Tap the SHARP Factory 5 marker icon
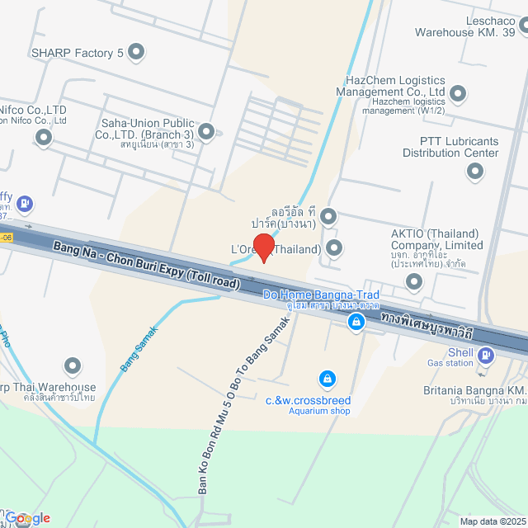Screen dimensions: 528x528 [137, 53]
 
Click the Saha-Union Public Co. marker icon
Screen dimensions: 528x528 [205, 131]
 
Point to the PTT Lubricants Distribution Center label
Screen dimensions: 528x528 [459, 147]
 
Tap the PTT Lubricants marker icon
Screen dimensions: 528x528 [474, 172]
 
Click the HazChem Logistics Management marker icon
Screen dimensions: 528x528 [458, 93]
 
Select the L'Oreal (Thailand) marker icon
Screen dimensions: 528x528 [334, 247]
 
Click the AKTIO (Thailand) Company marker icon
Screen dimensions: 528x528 [414, 282]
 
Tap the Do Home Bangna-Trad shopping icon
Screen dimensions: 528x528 [356, 323]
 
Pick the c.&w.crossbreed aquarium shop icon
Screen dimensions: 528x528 [328, 378]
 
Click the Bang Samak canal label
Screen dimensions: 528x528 [139, 348]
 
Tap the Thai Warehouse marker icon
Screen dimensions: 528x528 [73, 365]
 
